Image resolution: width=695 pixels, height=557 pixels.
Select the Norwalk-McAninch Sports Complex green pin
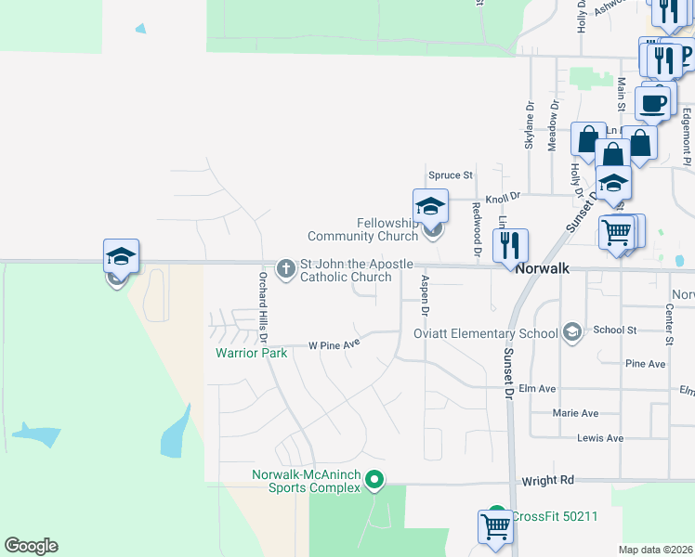coord(374,480)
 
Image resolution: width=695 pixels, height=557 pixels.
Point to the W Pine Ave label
coord(334,345)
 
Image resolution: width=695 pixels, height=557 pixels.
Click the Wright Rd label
coord(548,480)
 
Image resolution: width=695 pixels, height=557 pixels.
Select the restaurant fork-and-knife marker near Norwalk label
coord(509,246)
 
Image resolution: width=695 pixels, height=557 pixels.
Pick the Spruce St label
coord(451,175)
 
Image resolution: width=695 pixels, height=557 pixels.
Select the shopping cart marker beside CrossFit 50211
coord(495,525)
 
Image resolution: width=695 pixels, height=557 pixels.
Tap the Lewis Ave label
coord(599,437)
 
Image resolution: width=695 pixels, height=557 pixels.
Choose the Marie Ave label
coord(575,413)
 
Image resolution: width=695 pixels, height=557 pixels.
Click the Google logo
coord(31,546)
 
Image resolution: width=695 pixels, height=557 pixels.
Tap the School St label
coord(614,330)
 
